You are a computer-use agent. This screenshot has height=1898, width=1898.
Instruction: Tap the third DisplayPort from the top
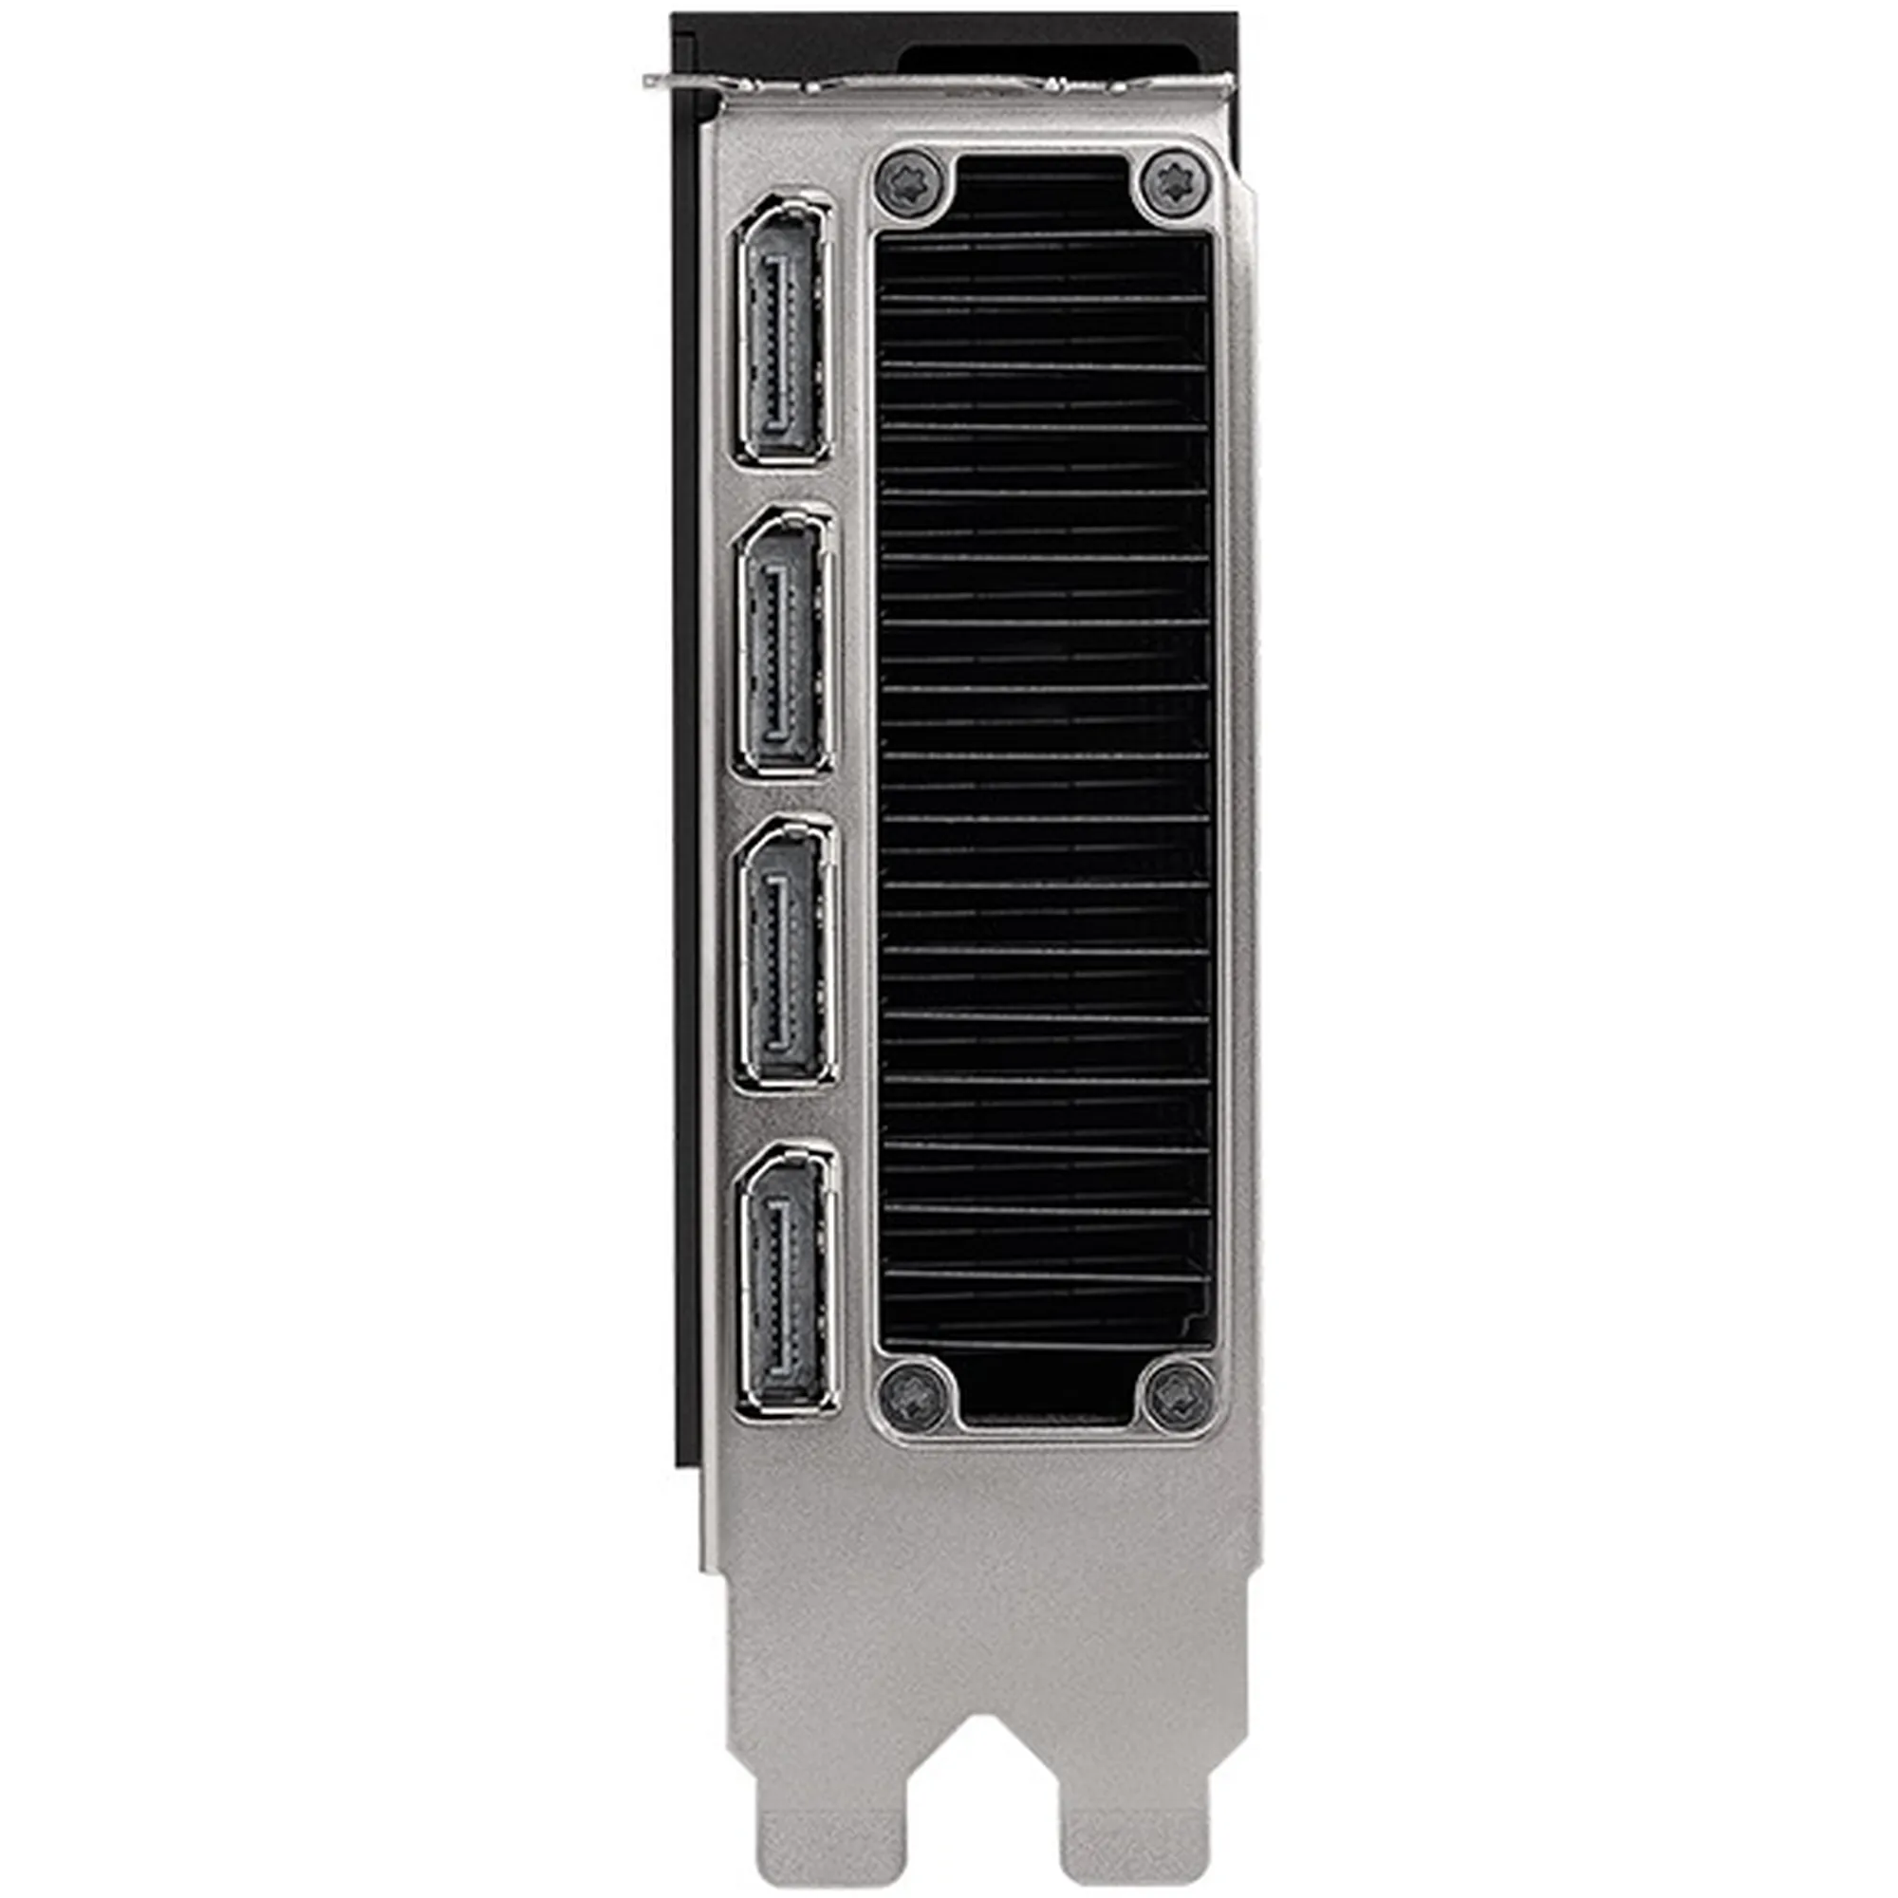click(787, 952)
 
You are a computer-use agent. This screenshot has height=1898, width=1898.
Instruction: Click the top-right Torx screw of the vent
click(1174, 183)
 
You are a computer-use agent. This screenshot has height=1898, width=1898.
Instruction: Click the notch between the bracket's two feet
click(983, 1797)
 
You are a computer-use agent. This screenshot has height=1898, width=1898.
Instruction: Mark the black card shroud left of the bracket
click(685, 786)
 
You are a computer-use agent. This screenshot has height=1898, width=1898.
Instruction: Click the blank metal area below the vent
click(982, 1533)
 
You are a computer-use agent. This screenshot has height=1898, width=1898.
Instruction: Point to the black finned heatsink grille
click(1043, 786)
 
